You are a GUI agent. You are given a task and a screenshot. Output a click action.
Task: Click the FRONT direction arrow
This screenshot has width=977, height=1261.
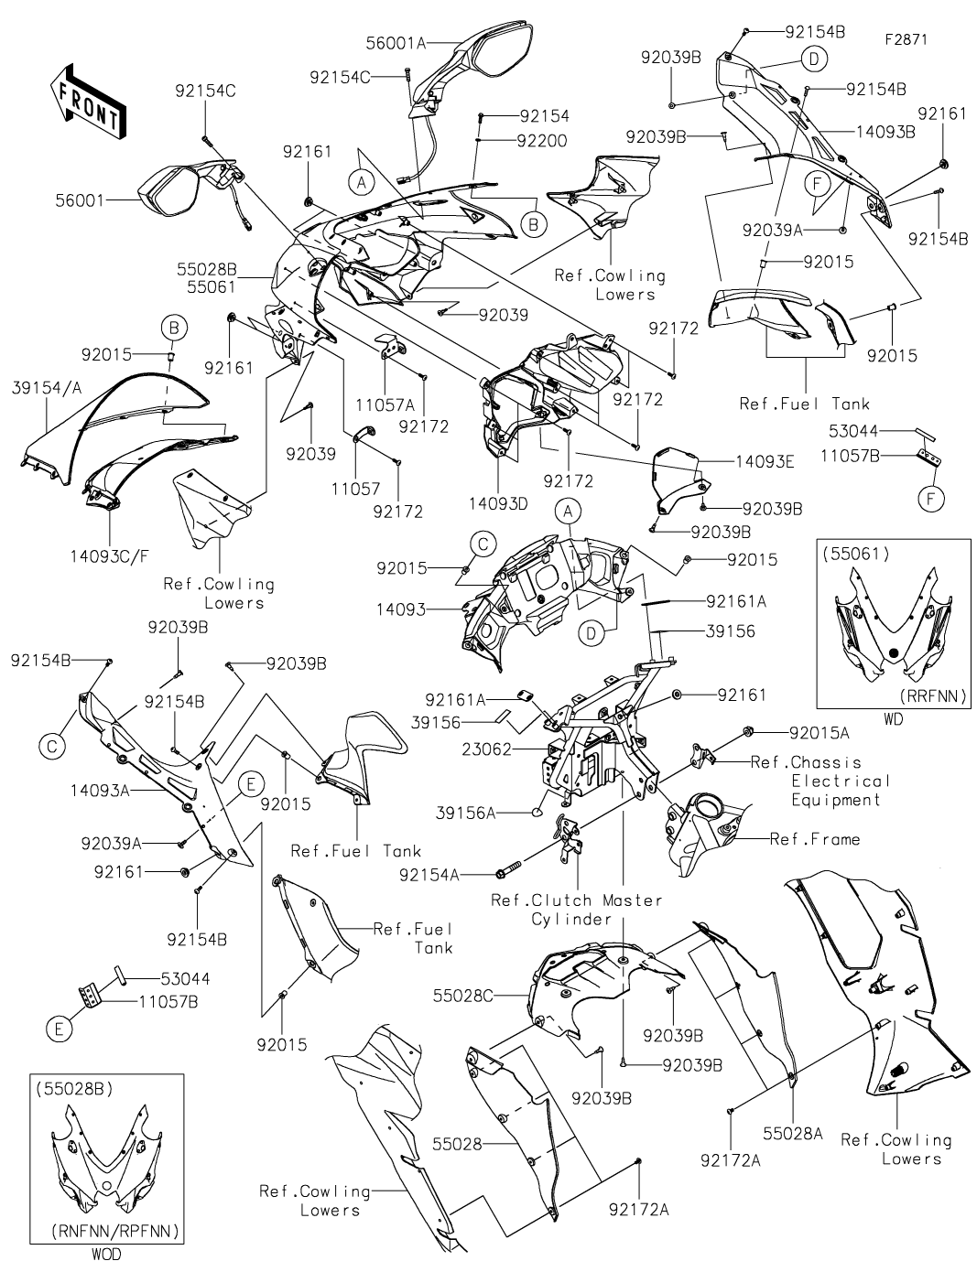coord(85,103)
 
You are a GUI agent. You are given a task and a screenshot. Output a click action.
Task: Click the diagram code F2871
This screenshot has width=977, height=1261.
coord(906,40)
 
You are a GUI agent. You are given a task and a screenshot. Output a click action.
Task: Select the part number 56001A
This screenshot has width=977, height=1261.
coord(396,41)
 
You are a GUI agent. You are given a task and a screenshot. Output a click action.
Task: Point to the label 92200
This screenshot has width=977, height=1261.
coord(541,141)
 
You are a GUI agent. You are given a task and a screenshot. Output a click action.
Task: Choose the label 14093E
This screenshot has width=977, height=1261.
coord(763,461)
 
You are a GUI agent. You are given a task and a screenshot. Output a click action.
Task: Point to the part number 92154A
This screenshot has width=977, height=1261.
coord(429,875)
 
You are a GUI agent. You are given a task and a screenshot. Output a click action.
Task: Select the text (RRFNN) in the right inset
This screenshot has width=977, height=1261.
coord(934,696)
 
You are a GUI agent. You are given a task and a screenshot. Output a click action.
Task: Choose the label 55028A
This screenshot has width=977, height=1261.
coord(794,1133)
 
